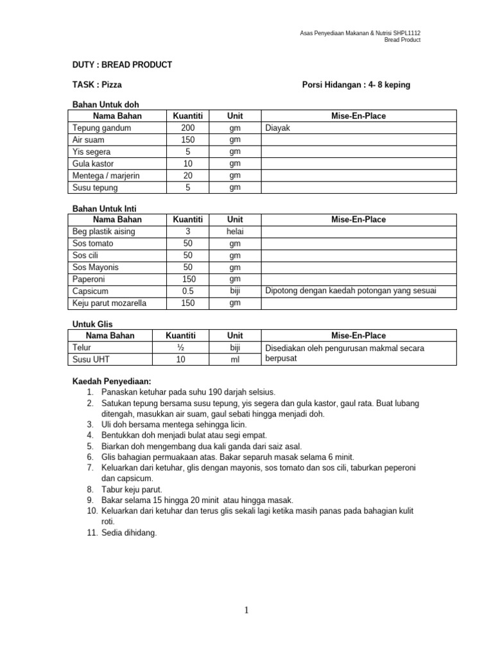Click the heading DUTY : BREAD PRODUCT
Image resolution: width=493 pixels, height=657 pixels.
[x=121, y=65]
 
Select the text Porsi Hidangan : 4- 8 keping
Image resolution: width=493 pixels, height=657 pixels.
[x=356, y=84]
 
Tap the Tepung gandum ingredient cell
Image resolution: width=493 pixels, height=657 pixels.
[x=101, y=128]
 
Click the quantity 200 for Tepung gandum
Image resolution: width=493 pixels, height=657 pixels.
[x=188, y=128]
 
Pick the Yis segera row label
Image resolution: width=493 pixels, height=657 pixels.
[x=92, y=151]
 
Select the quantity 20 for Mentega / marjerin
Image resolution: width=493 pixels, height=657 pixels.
[x=188, y=175]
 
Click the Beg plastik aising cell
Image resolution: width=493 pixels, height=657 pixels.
[x=104, y=232]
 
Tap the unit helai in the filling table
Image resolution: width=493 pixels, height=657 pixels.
[x=235, y=232]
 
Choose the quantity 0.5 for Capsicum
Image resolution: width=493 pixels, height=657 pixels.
[x=188, y=291]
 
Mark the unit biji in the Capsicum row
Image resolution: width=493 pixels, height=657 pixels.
[x=235, y=291]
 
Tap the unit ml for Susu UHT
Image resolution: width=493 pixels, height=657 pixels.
[x=235, y=359]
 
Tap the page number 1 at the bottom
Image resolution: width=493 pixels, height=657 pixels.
[x=246, y=610]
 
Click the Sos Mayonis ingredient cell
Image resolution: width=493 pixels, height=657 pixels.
[x=96, y=267]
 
